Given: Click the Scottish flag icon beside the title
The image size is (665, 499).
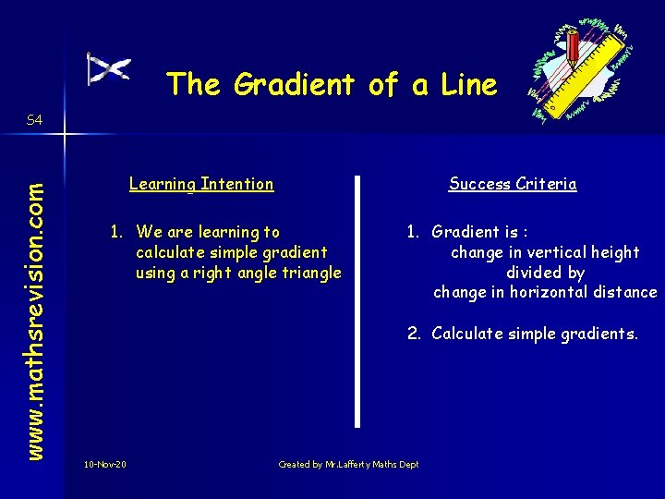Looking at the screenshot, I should [108, 69].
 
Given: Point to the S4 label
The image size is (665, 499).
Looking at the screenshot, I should [34, 120].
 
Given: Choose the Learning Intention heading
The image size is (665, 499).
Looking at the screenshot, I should [201, 184].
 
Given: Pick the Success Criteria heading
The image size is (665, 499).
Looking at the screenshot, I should [513, 184].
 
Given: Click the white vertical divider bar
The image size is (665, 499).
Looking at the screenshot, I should [357, 300].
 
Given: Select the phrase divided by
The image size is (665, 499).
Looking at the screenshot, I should [545, 273].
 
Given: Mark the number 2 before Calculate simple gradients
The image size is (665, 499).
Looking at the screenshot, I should [413, 334].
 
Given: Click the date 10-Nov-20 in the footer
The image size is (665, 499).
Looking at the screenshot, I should [104, 464].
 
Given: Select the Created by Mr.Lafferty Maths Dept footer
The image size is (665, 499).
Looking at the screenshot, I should [348, 464].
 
